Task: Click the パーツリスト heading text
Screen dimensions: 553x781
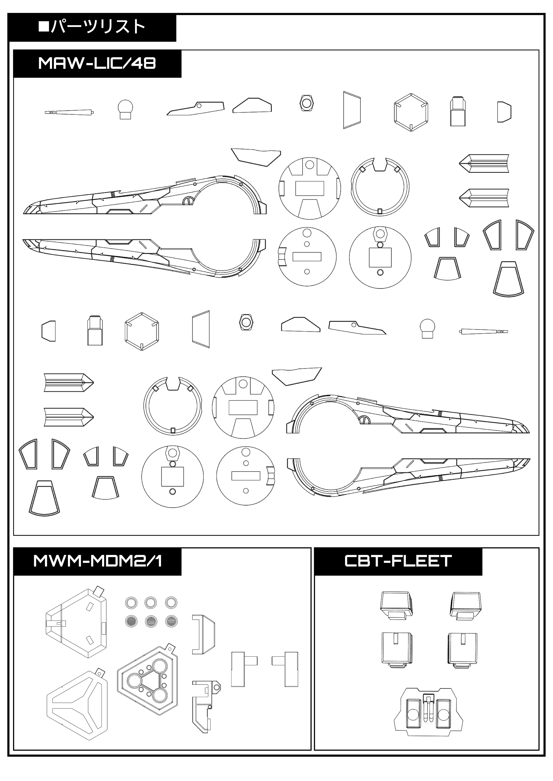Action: pos(98,27)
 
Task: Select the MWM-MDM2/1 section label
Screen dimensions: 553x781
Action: pos(97,561)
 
